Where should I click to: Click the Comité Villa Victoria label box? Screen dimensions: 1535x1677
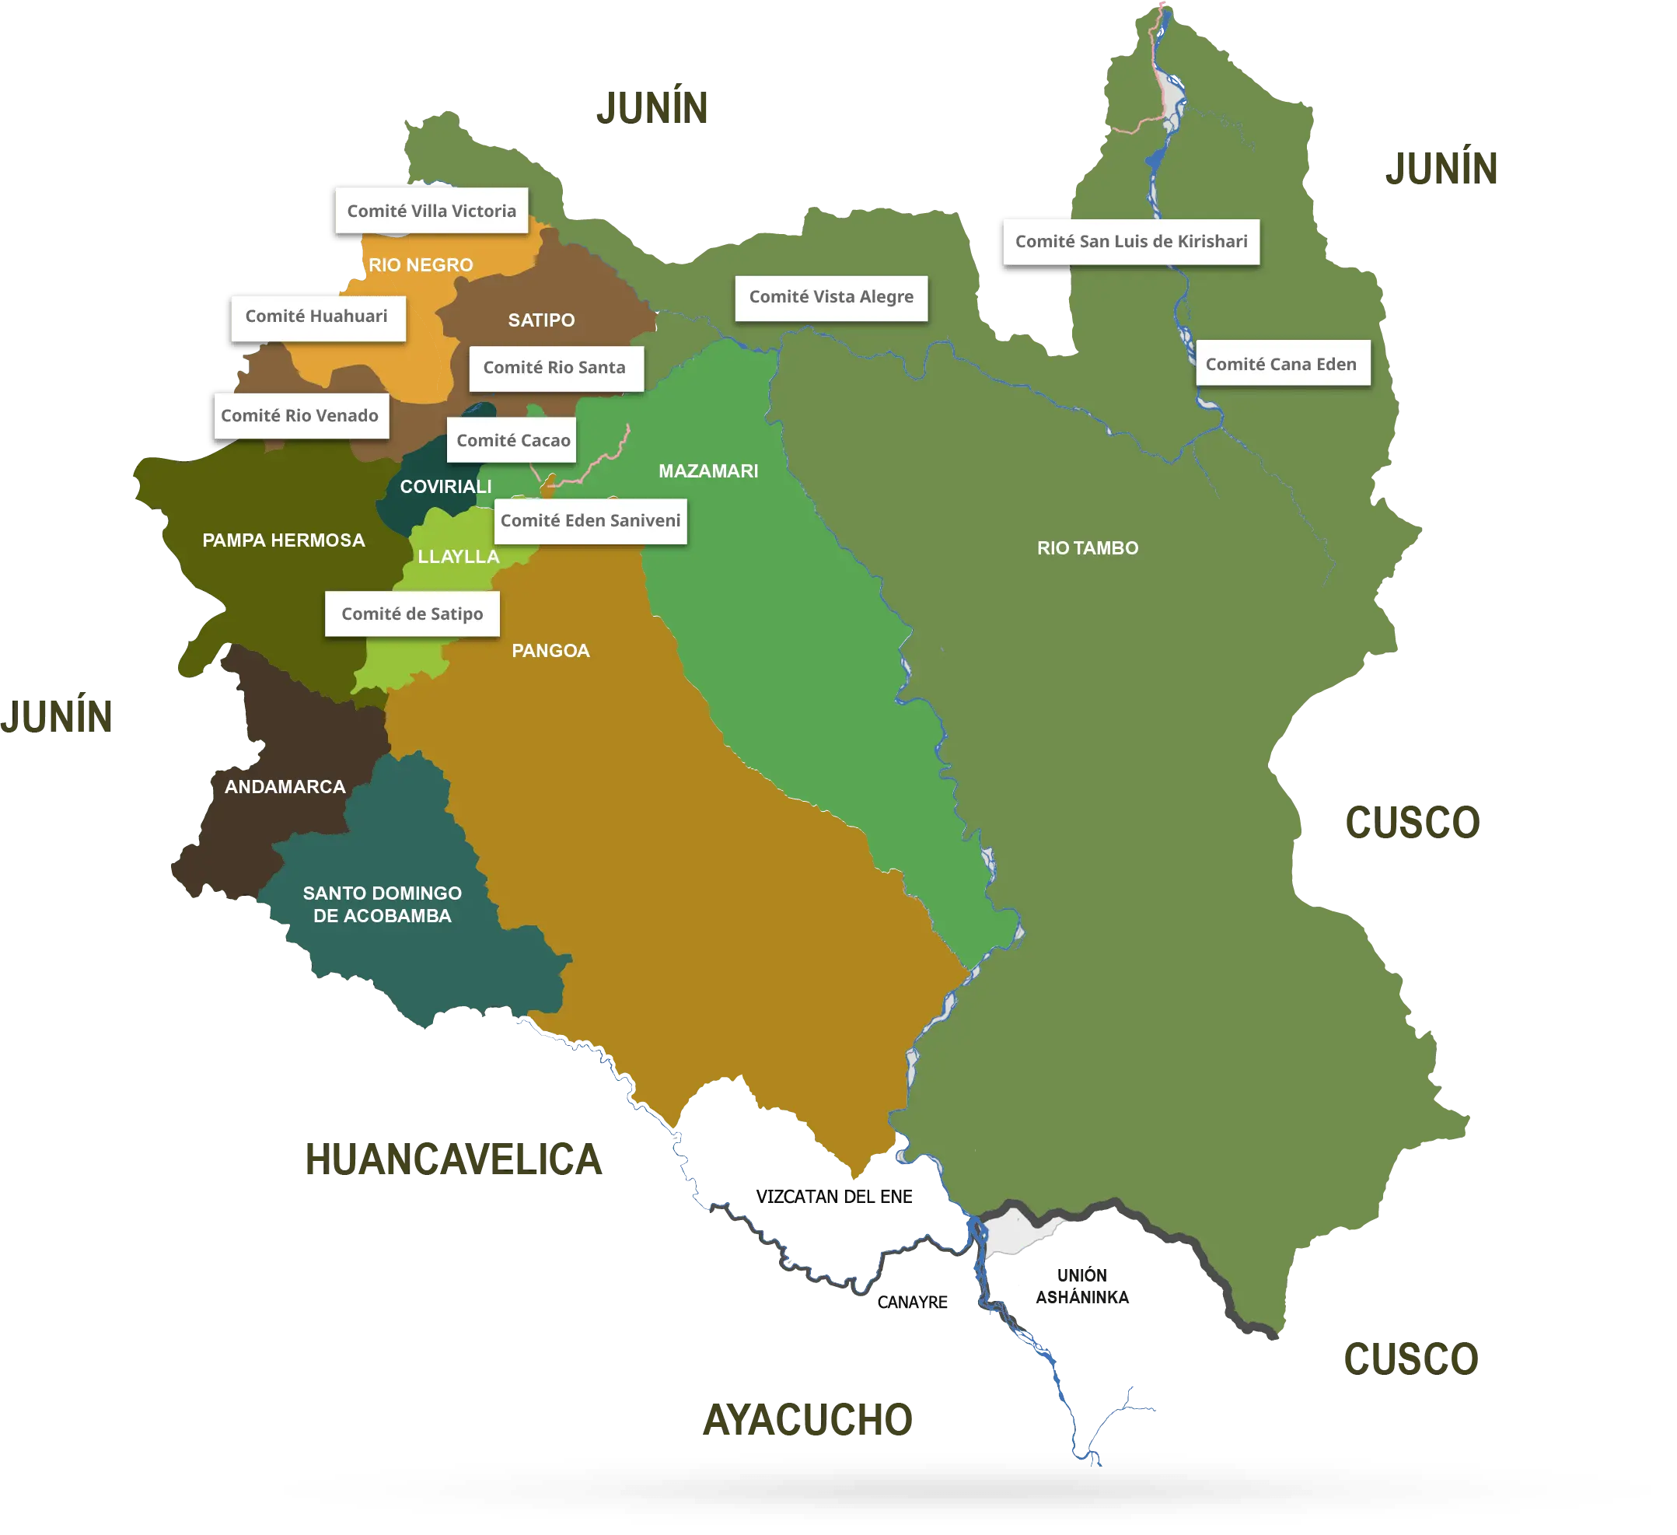point(431,211)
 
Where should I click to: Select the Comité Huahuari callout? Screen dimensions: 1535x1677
point(318,317)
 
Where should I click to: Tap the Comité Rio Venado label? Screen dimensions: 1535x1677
point(300,416)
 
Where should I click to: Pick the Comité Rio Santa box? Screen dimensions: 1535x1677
point(555,368)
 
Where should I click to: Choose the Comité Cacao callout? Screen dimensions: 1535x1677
point(512,440)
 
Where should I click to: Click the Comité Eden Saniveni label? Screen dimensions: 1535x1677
point(591,521)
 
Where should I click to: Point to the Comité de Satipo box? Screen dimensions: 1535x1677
point(412,614)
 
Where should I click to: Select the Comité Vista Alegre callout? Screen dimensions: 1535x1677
point(831,297)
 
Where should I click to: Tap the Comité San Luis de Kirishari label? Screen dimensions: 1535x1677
point(1131,242)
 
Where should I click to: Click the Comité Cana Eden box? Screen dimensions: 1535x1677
point(1282,364)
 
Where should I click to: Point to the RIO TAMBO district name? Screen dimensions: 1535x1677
point(1087,548)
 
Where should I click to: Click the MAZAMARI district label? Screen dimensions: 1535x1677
point(708,471)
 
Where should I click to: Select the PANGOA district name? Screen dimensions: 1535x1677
point(550,651)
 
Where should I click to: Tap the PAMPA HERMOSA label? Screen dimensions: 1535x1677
point(284,540)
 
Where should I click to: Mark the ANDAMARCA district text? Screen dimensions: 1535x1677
point(285,787)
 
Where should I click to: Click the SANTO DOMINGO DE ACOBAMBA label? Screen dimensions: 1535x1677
point(382,904)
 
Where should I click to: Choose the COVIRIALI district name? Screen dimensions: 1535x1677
point(445,487)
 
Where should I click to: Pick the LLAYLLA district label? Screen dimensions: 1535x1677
point(459,557)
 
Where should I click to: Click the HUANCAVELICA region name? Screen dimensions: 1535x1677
point(452,1158)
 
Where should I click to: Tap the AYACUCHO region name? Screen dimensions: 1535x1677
point(808,1419)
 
